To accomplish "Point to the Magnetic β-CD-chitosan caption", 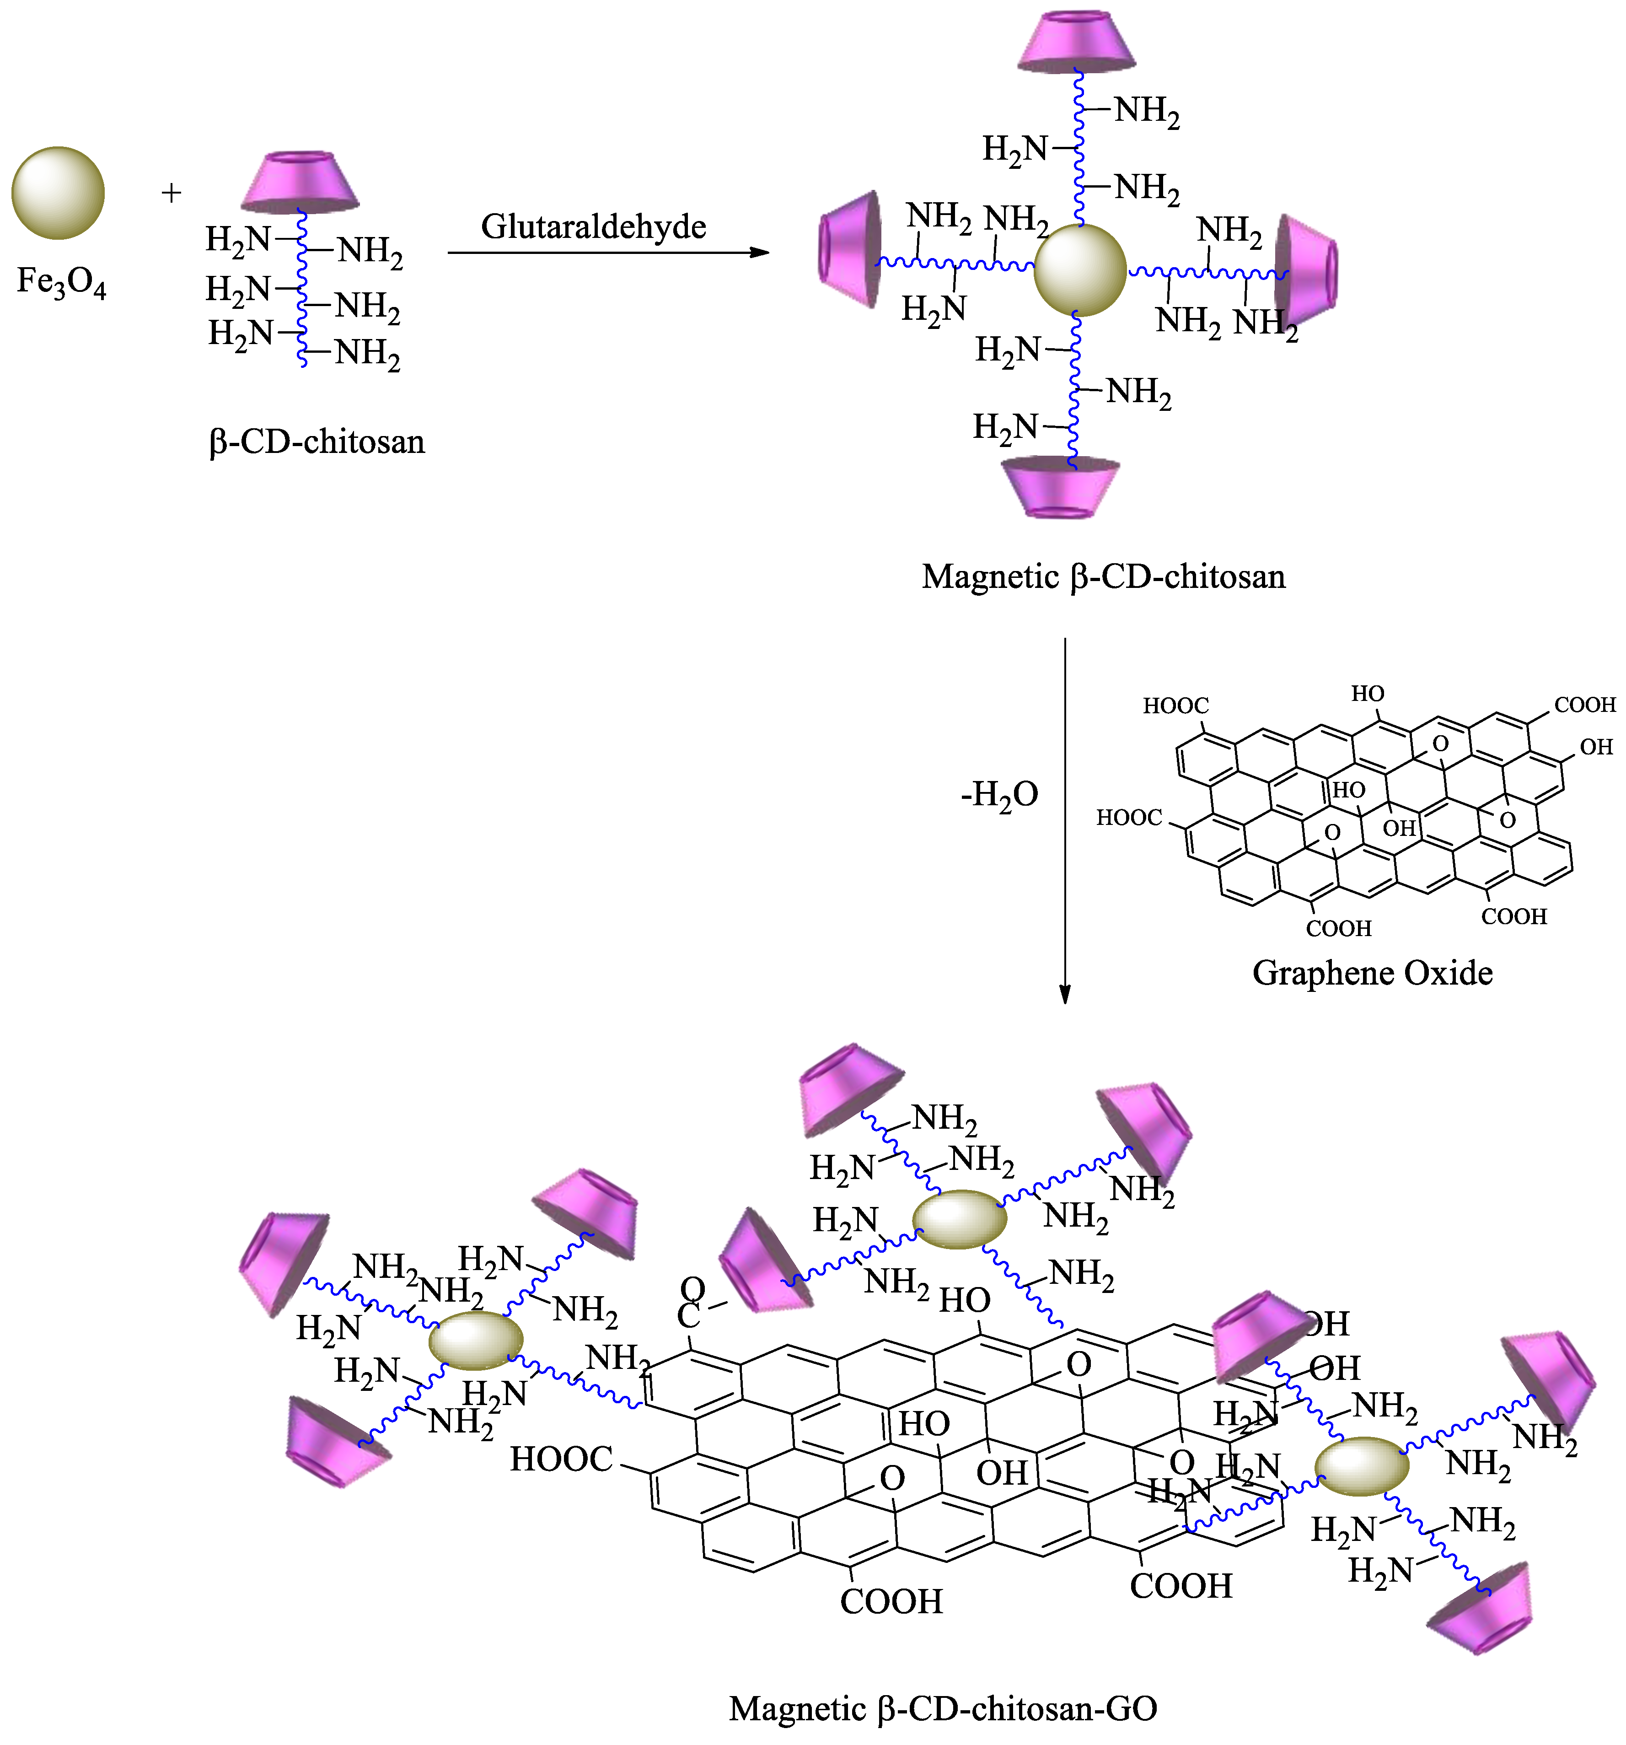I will tap(1103, 576).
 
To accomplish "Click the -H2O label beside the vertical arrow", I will tap(999, 794).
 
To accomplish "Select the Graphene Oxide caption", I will tap(1372, 973).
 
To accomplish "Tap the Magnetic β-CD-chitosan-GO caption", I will tap(942, 1707).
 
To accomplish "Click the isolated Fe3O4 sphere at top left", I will tap(58, 193).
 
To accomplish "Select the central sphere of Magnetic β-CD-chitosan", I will tap(1079, 270).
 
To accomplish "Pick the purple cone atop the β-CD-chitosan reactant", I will tap(300, 182).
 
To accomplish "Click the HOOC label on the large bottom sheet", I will tap(562, 1459).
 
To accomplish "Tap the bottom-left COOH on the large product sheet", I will tap(891, 1601).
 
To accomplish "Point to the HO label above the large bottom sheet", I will tap(964, 1300).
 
